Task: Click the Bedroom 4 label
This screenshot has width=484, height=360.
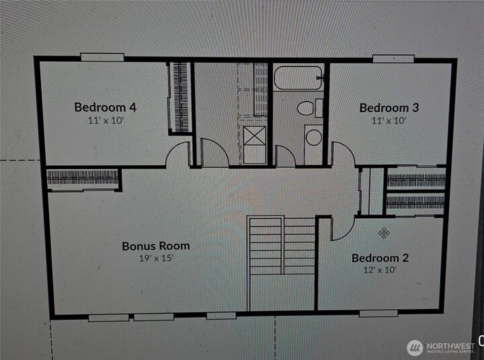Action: coord(105,107)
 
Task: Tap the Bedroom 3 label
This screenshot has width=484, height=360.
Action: coord(384,107)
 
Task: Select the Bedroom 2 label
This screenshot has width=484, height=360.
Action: coord(380,258)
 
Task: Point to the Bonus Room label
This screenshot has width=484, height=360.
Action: coord(155,246)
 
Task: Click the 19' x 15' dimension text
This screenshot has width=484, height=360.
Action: coord(156,259)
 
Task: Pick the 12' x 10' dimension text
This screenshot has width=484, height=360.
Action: coord(380,270)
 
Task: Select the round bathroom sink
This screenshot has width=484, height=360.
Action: coord(314,137)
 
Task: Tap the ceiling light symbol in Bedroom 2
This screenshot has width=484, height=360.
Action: coord(384,232)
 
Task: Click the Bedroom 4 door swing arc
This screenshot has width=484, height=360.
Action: coord(178,154)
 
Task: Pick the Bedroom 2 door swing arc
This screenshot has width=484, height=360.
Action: coord(341,228)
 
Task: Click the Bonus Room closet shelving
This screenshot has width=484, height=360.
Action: coord(83,178)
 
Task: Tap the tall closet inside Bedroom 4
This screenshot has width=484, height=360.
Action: coord(180,97)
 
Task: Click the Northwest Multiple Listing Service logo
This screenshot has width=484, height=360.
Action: coord(440,347)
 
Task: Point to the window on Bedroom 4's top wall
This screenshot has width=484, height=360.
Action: coord(102,58)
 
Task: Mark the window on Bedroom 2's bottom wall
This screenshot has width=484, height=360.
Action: coord(378,313)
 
